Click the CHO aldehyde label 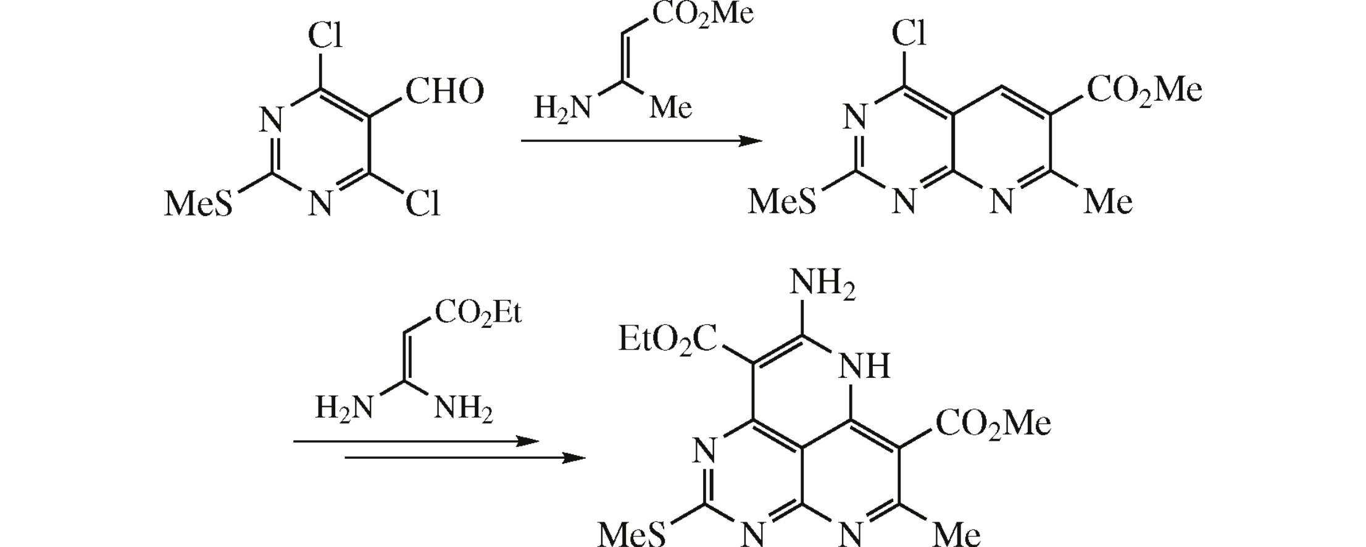(x=444, y=91)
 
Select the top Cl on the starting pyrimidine (x=325, y=35)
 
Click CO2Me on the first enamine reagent (x=702, y=14)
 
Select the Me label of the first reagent (x=671, y=108)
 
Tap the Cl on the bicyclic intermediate (x=909, y=33)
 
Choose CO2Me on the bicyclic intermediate (x=1144, y=90)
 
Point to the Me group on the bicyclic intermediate (x=1108, y=201)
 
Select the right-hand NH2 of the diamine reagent (x=464, y=409)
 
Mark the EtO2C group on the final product (x=668, y=340)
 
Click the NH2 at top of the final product (x=822, y=285)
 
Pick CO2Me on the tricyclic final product (x=993, y=424)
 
